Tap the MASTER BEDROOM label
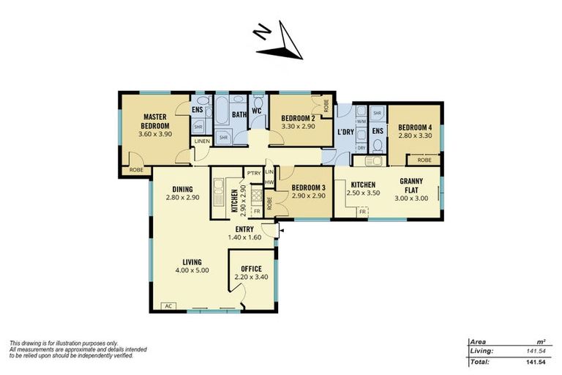[157, 121]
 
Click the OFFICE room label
[251, 268]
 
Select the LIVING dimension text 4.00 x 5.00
[192, 270]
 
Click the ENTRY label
[244, 229]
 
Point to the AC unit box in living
[168, 306]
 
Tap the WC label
[257, 114]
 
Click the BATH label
[239, 114]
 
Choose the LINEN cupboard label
[202, 141]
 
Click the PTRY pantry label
[254, 173]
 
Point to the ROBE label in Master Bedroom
[136, 170]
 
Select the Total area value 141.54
[538, 362]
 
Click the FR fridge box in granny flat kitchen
[362, 212]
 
